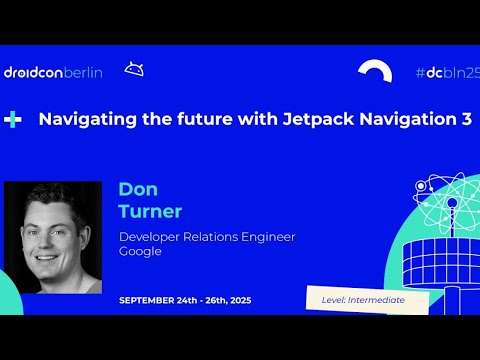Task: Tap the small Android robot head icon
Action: tap(133, 69)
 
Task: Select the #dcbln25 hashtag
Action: tap(447, 72)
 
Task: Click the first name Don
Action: tap(138, 190)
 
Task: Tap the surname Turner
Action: tap(150, 211)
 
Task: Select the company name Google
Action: tap(140, 252)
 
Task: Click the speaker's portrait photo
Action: tap(53, 237)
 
